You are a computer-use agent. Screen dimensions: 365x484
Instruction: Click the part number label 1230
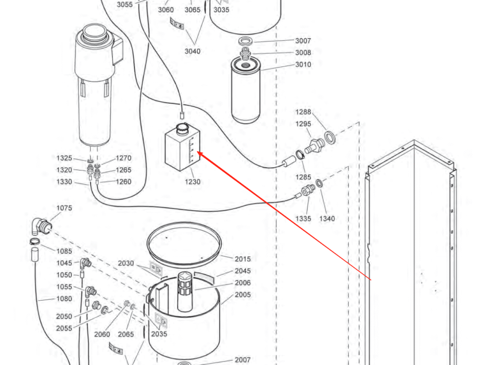[x=192, y=182]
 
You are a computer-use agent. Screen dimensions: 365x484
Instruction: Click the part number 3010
[x=303, y=65]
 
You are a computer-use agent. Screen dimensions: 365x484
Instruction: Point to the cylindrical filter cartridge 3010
[x=246, y=92]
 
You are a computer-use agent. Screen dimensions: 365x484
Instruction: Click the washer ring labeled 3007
[x=245, y=41]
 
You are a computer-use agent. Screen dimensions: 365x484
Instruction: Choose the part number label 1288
[x=303, y=112]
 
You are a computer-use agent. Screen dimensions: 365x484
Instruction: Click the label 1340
[x=327, y=219]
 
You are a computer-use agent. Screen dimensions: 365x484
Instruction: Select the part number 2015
[x=242, y=259]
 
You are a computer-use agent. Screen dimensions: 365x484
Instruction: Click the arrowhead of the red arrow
[x=199, y=153]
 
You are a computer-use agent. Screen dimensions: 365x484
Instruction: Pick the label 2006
[x=242, y=283]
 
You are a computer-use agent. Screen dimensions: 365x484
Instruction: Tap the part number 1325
[x=64, y=158]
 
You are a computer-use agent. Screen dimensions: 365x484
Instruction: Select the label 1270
[x=123, y=158]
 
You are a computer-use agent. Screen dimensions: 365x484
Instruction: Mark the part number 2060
[x=102, y=334]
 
